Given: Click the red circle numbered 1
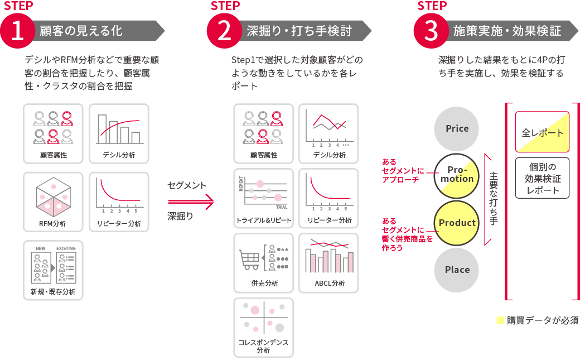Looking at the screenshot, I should (x=18, y=31).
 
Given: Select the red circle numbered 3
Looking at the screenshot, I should (x=431, y=31).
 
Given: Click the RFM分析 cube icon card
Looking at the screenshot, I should (x=53, y=201).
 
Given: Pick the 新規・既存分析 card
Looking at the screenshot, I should (x=53, y=270).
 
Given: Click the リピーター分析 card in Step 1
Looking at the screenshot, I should (x=119, y=201).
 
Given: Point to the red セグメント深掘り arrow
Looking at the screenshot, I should (x=190, y=202).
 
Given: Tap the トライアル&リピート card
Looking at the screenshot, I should (x=263, y=198).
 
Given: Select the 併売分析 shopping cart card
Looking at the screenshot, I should (x=263, y=262).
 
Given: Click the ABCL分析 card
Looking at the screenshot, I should (x=328, y=262).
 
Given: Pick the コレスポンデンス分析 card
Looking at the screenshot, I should (x=263, y=327).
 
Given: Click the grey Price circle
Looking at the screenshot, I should (x=457, y=128).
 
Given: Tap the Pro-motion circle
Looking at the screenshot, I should (x=457, y=175).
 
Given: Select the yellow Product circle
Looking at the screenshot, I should (x=457, y=223).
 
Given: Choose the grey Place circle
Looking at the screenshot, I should (x=457, y=270).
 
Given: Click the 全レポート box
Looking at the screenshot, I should (x=542, y=132).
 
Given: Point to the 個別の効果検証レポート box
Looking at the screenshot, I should (x=542, y=178).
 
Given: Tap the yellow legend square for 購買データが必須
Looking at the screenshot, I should (x=500, y=321).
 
